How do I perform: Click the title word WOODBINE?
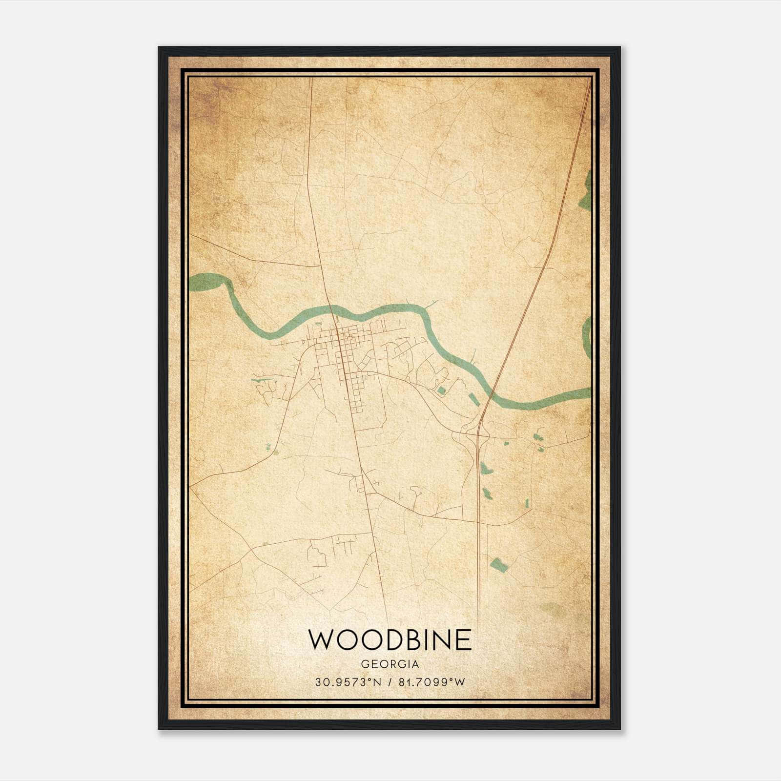coord(390,639)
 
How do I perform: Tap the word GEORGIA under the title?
coord(390,664)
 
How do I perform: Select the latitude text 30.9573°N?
coord(347,682)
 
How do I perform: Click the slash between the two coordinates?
coord(390,682)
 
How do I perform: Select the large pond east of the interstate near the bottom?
coord(499,565)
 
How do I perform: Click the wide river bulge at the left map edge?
coord(205,282)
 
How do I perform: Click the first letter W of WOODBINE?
coord(321,639)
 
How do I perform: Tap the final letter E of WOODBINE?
coord(464,639)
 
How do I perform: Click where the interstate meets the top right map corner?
coord(589,83)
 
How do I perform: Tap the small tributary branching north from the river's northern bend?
coord(432,305)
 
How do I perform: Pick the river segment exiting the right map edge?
coord(583,392)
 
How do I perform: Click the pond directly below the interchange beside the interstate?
coord(486,469)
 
